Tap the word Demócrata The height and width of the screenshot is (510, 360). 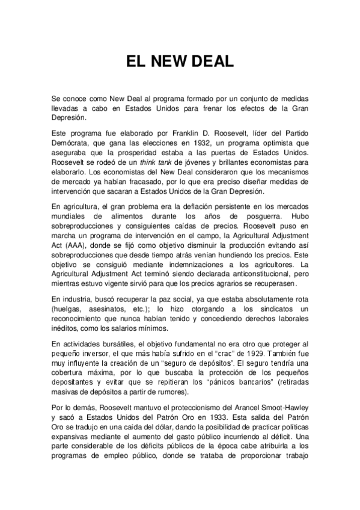click(72, 143)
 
